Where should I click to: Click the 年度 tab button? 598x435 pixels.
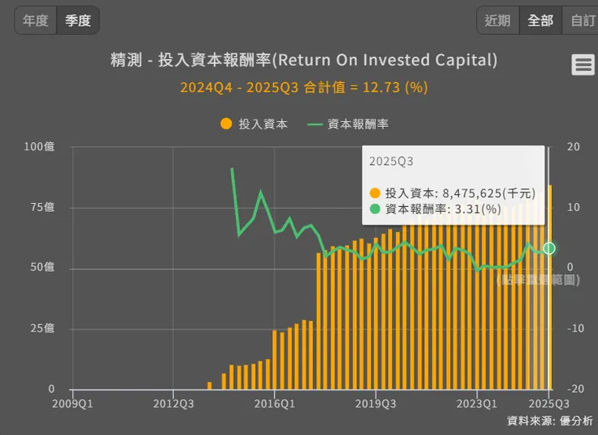(36, 20)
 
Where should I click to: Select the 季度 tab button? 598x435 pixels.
(78, 20)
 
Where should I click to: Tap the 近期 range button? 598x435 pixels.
(498, 20)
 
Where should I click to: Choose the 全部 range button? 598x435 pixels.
(541, 20)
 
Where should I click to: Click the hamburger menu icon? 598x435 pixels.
(583, 65)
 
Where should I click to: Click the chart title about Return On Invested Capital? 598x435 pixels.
(304, 61)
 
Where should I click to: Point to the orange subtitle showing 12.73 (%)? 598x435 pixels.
(304, 87)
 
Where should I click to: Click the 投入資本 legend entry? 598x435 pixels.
(254, 124)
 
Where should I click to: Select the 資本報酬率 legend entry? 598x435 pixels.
(348, 124)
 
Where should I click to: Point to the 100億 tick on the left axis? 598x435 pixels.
(39, 146)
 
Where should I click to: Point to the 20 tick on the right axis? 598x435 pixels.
(574, 146)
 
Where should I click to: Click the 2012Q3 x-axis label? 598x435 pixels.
(173, 402)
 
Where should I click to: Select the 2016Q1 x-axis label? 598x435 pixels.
(275, 402)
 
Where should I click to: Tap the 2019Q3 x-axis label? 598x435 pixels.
(376, 402)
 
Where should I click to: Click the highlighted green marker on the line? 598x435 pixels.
(549, 248)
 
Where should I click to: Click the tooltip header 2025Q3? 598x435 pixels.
(391, 161)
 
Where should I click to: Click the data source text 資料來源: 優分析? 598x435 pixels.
(550, 420)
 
